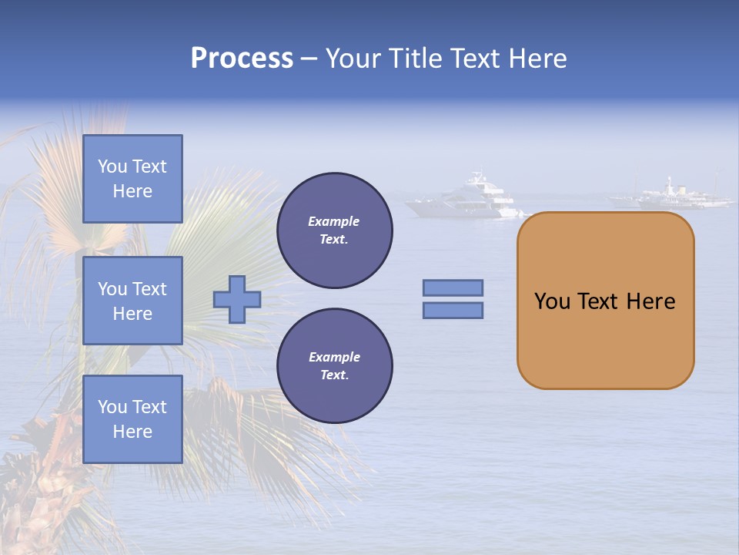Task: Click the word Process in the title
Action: point(242,59)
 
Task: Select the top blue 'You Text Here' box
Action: point(132,179)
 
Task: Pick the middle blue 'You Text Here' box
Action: point(132,301)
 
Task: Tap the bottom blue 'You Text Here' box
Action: point(132,419)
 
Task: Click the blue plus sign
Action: point(237,299)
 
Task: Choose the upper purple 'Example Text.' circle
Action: point(334,230)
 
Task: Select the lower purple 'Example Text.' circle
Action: point(334,366)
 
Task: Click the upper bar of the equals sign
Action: point(453,288)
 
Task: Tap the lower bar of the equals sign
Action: point(453,310)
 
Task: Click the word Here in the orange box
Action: point(650,301)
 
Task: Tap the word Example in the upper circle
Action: point(334,221)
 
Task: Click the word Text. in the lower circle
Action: point(334,375)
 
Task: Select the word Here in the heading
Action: point(534,59)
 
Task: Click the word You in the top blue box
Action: point(112,166)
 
